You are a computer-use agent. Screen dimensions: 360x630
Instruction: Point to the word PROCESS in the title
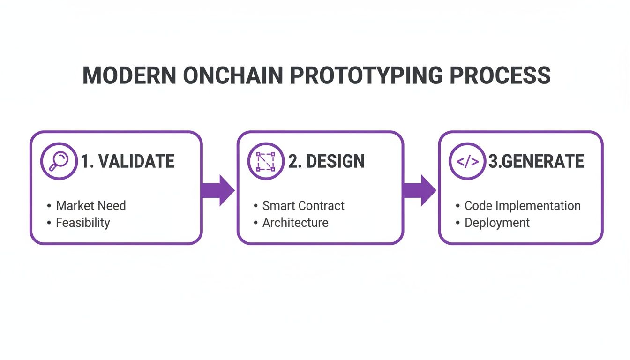click(x=500, y=76)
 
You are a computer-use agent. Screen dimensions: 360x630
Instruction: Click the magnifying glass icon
click(x=59, y=161)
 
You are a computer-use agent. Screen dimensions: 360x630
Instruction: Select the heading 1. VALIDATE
click(x=127, y=162)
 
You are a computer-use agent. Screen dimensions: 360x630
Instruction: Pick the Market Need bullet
click(x=90, y=206)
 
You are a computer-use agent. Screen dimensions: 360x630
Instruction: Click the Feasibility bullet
click(x=82, y=223)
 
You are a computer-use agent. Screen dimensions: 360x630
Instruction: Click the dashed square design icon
click(x=265, y=161)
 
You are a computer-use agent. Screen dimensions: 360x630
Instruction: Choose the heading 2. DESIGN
click(x=326, y=162)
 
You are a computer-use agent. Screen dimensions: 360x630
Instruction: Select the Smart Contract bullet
click(x=303, y=206)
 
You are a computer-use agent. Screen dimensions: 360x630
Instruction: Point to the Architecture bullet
click(x=295, y=223)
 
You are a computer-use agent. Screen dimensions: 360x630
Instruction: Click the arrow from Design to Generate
click(x=420, y=190)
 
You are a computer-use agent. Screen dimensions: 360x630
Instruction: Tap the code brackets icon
click(x=467, y=161)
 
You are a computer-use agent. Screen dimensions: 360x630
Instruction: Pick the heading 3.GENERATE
click(x=536, y=162)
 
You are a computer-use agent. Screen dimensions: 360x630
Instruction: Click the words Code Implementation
click(x=522, y=206)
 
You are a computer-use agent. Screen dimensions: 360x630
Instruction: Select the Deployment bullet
click(x=497, y=223)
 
